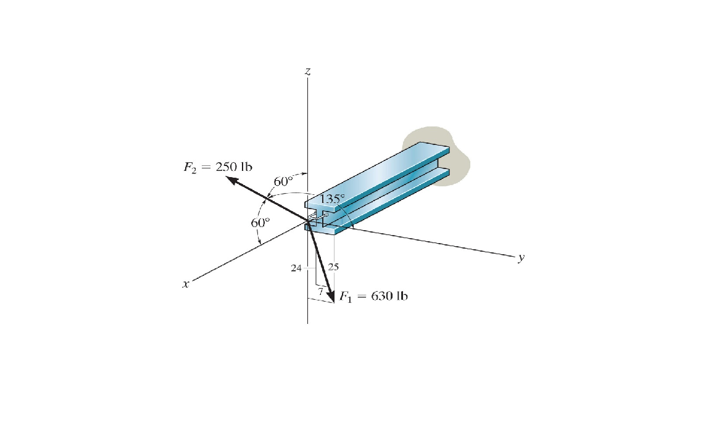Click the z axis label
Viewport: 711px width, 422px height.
coord(307,72)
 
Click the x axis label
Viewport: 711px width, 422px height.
coord(185,284)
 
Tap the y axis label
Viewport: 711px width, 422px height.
coord(522,259)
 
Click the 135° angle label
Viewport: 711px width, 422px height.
coord(333,199)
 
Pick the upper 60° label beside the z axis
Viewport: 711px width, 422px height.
coord(284,181)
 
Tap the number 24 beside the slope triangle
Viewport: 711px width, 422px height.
coord(296,268)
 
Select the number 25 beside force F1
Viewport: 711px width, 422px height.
coord(334,268)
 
